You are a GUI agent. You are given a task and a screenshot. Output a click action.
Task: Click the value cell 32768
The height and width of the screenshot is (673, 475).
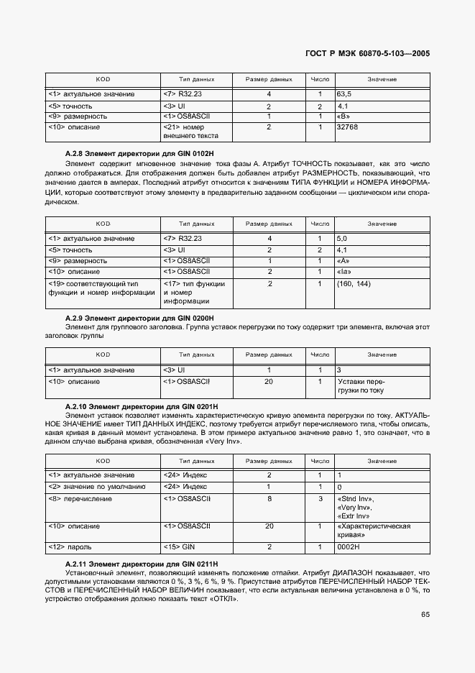pos(347,127)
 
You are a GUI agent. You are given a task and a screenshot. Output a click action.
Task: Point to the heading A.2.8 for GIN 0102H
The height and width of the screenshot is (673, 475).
pos(139,154)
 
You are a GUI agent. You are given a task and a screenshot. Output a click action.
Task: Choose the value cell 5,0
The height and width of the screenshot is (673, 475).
pos(342,238)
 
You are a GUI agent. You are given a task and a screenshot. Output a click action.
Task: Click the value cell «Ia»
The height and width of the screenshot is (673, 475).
pos(344,272)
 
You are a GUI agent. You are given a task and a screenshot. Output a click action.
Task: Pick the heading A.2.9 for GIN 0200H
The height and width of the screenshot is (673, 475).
pos(139,317)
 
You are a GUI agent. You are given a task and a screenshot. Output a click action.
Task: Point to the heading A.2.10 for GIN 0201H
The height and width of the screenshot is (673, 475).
pos(142,406)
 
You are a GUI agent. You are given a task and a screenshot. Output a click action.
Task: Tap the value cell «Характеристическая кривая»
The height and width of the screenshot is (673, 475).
pos(373,531)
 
